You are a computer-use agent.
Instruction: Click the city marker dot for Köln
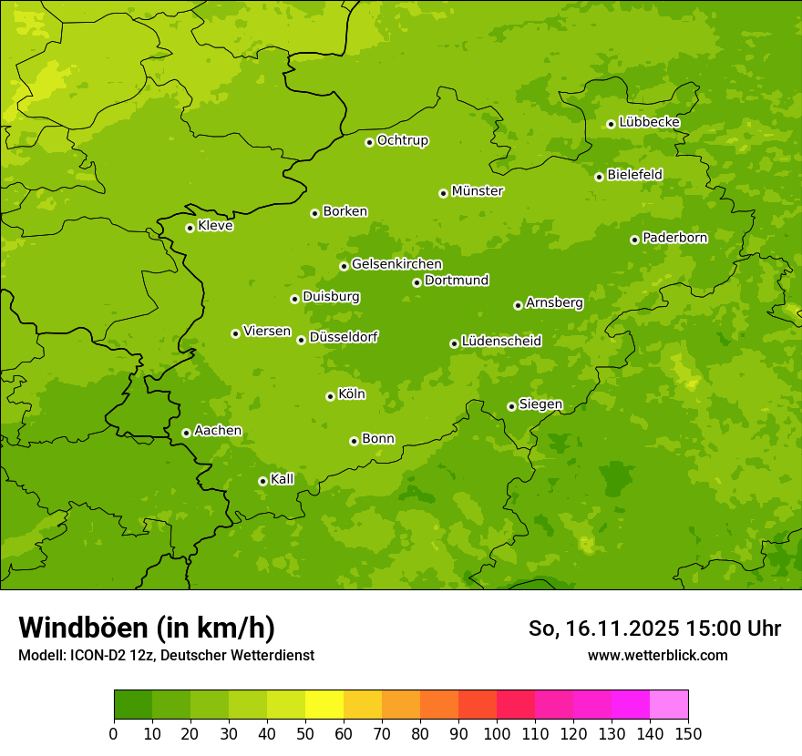(330, 396)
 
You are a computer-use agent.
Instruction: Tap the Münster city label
(477, 191)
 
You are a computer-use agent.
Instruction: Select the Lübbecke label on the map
(649, 122)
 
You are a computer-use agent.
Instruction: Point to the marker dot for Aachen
(186, 433)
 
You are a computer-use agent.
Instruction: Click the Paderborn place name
(674, 238)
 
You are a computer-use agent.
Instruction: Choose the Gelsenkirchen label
(396, 264)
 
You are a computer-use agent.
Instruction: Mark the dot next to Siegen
(511, 406)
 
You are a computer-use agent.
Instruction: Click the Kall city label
(282, 479)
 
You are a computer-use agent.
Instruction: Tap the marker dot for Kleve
(190, 228)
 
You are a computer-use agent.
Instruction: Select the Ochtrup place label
(402, 140)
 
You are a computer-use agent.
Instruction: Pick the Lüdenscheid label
(501, 342)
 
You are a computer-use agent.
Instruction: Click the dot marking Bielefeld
(599, 177)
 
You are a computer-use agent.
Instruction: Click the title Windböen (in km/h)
(146, 628)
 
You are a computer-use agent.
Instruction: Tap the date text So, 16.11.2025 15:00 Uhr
(654, 628)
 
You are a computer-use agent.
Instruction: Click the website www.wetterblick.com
(657, 655)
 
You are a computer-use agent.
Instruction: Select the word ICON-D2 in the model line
(93, 656)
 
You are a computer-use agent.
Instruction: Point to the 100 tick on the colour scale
(497, 733)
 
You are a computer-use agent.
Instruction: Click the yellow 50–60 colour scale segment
(324, 705)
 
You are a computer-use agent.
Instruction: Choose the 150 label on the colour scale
(688, 733)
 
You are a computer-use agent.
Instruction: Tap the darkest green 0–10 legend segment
(133, 705)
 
